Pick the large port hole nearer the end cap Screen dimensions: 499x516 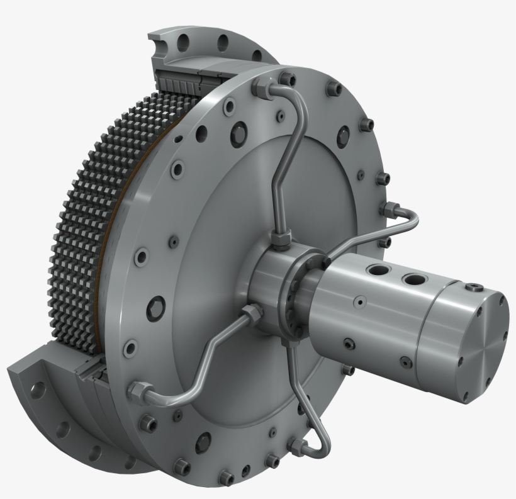413,278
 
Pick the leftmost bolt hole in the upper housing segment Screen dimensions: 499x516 183,42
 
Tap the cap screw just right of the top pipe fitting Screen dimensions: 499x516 288,79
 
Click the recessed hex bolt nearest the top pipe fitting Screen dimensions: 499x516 240,133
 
